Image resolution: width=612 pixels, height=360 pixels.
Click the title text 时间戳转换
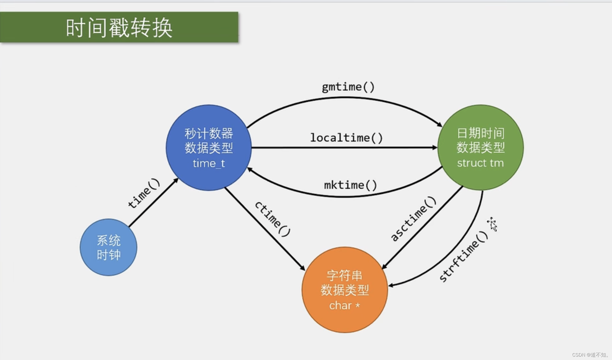tap(119, 28)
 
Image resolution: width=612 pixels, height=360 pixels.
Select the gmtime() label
tap(348, 87)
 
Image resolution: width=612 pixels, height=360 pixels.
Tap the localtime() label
tap(346, 138)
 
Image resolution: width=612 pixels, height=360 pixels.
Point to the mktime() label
tap(350, 185)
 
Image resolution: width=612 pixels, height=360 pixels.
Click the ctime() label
tap(273, 219)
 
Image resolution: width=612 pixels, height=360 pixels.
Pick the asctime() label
tap(413, 219)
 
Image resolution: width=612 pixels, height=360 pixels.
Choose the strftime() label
tap(464, 256)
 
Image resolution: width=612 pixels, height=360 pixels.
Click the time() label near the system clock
tap(144, 193)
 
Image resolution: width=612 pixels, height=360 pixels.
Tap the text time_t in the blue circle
tap(209, 163)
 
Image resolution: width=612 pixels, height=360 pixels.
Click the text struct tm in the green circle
tap(480, 163)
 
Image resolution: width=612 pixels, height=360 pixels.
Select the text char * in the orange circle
tap(344, 306)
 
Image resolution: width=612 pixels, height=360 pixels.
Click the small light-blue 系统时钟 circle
tap(108, 247)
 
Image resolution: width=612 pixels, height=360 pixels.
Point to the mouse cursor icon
tap(492, 224)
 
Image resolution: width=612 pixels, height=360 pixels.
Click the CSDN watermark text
tap(590, 355)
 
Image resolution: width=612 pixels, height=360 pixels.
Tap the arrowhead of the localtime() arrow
tap(435, 148)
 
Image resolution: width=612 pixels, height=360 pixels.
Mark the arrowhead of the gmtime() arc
tap(440, 125)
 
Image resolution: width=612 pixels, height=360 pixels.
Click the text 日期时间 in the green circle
tap(480, 133)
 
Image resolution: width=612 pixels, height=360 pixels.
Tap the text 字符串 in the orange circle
tap(344, 275)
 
